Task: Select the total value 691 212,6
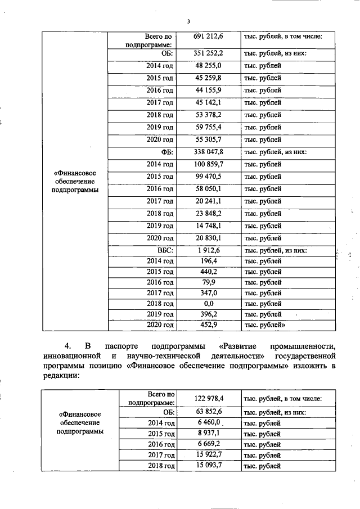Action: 209,37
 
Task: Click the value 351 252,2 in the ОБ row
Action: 209,53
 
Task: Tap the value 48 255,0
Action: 209,66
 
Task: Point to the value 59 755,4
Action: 209,127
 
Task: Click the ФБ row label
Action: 166,152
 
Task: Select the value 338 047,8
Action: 209,152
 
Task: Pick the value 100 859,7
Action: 209,164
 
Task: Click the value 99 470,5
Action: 209,177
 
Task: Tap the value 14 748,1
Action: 209,226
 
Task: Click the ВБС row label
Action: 164,250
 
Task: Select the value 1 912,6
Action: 209,250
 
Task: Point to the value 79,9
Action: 209,282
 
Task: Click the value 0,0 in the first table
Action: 209,304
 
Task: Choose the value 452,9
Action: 209,325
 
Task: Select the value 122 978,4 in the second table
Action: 209,399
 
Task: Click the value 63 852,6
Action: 209,412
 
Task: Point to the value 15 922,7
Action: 209,454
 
